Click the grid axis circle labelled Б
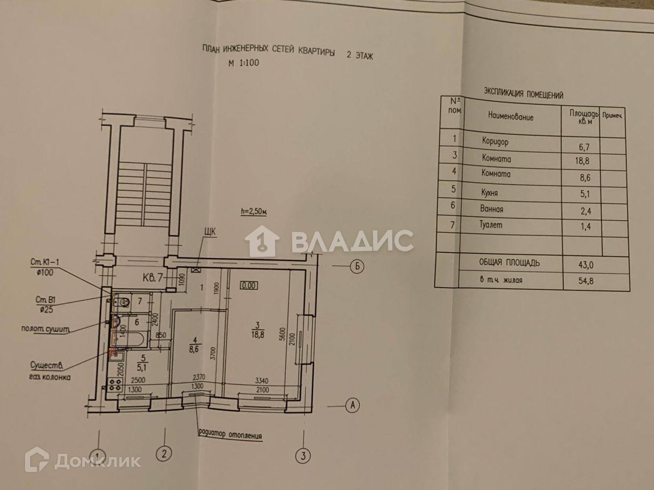(357, 266)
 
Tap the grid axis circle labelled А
(352, 405)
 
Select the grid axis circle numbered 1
(96, 454)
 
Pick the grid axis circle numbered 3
(303, 454)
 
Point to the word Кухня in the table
(489, 193)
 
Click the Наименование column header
(510, 116)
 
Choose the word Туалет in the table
(493, 225)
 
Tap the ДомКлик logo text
(97, 460)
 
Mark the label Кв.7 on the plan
(153, 278)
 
